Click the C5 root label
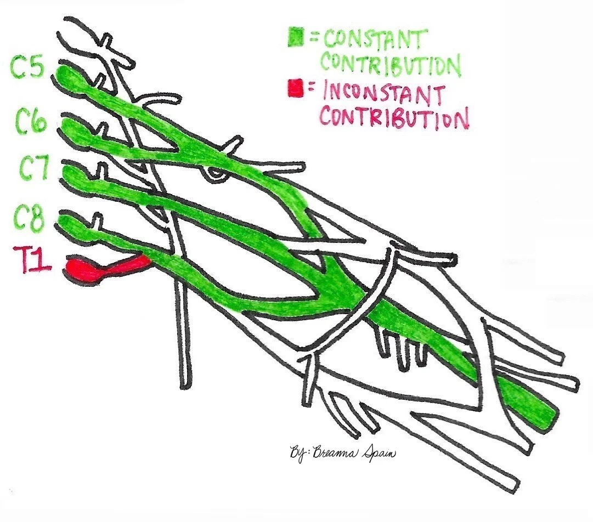(x=26, y=68)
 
